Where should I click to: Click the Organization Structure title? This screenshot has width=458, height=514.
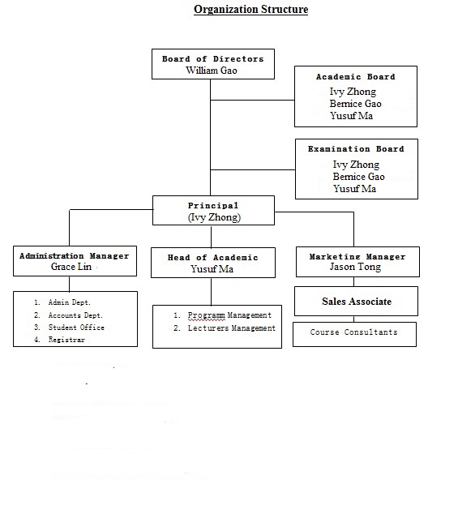250,9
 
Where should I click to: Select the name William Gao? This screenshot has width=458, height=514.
212,71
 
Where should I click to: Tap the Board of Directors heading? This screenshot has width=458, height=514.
212,59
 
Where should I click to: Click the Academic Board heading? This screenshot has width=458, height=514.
355,77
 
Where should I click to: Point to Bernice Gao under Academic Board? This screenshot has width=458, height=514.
355,104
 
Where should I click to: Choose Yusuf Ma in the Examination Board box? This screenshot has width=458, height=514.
355,189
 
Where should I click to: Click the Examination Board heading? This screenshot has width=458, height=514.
356,149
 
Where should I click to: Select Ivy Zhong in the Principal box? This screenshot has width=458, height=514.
214,217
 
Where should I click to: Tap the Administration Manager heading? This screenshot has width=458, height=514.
74,256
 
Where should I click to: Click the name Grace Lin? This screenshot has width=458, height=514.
71,267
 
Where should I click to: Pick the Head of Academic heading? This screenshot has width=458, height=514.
212,258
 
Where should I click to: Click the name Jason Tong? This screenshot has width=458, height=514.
355,267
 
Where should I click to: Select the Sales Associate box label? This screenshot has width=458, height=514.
357,302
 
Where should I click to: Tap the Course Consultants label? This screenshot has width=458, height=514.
353,332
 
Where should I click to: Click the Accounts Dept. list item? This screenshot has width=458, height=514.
75,315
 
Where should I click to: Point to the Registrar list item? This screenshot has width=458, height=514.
66,340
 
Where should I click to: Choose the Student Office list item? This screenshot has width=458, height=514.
76,328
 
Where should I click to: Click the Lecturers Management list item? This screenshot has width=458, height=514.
232,328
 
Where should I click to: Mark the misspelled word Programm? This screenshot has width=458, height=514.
207,315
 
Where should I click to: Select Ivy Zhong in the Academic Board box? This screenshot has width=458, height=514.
353,92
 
